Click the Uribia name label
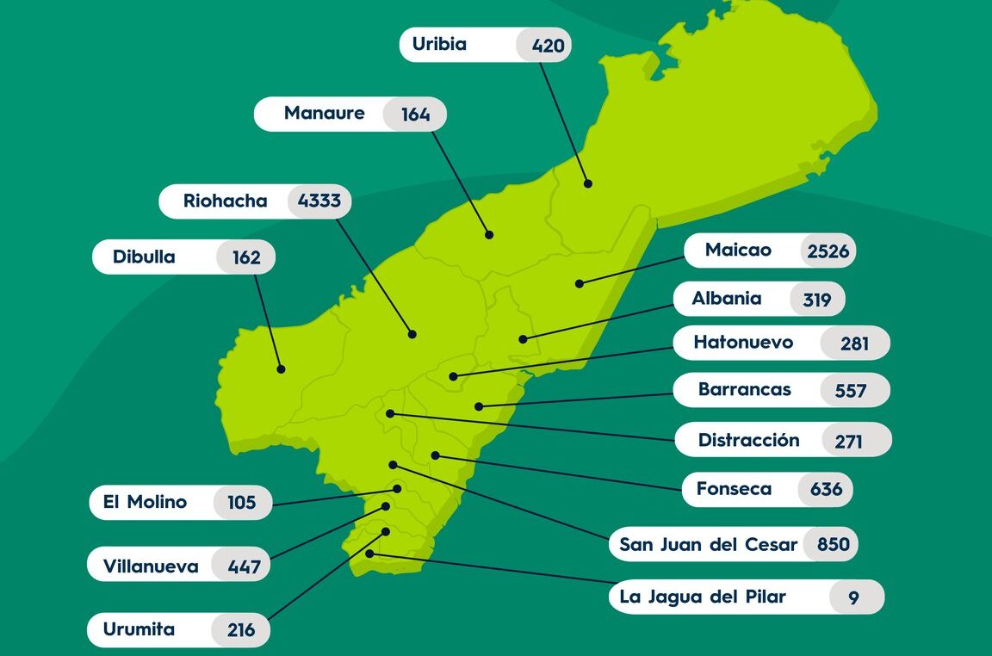439,45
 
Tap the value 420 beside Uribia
549,46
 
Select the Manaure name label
325,114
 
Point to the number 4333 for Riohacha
319,202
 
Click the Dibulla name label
144,257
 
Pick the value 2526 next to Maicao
828,251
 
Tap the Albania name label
727,299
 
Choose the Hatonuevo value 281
855,344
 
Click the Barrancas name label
744,390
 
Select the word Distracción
748,441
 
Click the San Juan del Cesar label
709,545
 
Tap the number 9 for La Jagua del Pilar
853,597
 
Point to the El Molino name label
145,502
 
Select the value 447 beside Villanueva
244,567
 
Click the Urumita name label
139,629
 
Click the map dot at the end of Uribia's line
588,183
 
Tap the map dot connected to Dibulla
281,369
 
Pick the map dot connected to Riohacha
412,334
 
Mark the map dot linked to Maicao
580,283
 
